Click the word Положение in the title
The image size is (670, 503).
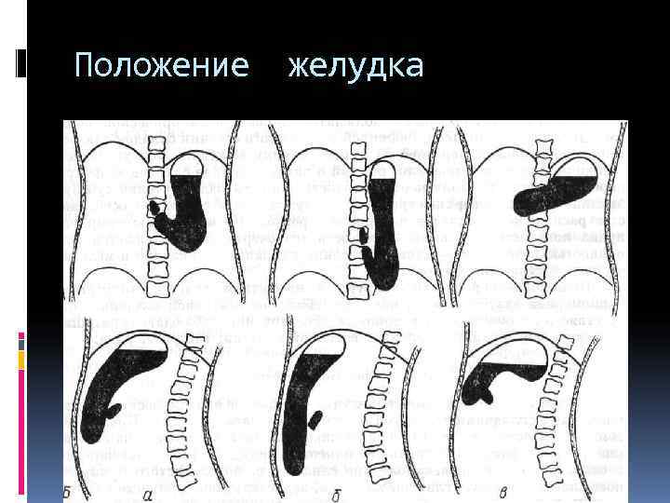[160, 66]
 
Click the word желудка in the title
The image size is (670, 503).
[355, 66]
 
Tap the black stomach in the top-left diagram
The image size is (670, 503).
[191, 214]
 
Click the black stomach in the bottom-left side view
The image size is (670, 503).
[121, 382]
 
